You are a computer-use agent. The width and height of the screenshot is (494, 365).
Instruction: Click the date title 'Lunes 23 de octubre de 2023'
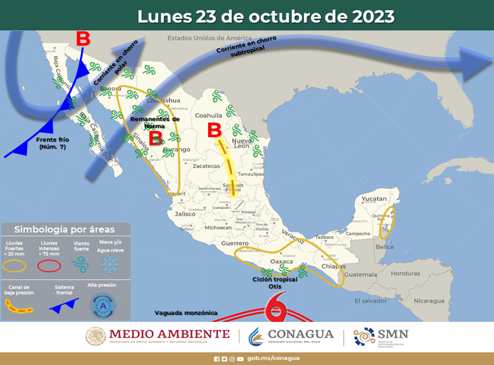click(x=265, y=16)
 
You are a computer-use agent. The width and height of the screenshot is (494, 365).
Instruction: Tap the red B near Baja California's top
click(x=83, y=39)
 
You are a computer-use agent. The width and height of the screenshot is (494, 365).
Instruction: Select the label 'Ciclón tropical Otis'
click(x=275, y=282)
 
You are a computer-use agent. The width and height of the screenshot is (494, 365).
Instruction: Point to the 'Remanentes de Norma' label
click(x=155, y=122)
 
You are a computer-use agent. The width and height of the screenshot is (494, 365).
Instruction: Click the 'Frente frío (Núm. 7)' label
click(x=51, y=143)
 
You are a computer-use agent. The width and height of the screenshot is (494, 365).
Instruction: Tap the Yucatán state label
click(x=374, y=199)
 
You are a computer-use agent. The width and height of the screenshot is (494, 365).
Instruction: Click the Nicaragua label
click(x=429, y=301)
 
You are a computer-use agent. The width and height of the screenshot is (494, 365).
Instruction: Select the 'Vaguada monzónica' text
click(x=185, y=313)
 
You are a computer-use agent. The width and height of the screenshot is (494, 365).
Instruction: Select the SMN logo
click(x=381, y=336)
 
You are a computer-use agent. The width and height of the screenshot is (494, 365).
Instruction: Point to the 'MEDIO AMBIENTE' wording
click(x=169, y=333)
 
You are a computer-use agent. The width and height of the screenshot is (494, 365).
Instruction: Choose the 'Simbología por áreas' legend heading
click(x=65, y=229)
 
